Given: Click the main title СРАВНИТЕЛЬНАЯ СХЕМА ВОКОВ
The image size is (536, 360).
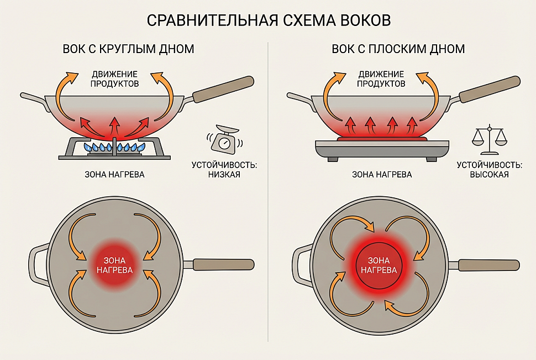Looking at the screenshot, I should tap(269, 20).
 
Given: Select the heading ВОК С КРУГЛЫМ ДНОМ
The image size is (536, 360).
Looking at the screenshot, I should tap(129, 49).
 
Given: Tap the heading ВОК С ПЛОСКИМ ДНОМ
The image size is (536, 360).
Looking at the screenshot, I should tap(398, 49).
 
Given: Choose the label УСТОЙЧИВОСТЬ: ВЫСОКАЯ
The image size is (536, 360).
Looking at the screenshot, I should tap(489, 170).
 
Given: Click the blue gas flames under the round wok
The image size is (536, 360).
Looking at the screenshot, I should tap(114, 147).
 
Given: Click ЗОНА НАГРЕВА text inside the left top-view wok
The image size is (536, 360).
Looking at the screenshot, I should tap(114, 265).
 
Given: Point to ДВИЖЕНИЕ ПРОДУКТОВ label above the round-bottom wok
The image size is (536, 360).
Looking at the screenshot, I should tap(114, 79).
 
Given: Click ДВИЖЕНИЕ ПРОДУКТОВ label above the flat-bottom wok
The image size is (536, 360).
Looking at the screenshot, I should tap(381, 79).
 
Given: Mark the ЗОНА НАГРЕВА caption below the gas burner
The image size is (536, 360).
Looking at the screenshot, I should tap(115, 175).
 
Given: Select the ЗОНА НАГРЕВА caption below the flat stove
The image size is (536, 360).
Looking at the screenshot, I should tap(382, 175).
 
